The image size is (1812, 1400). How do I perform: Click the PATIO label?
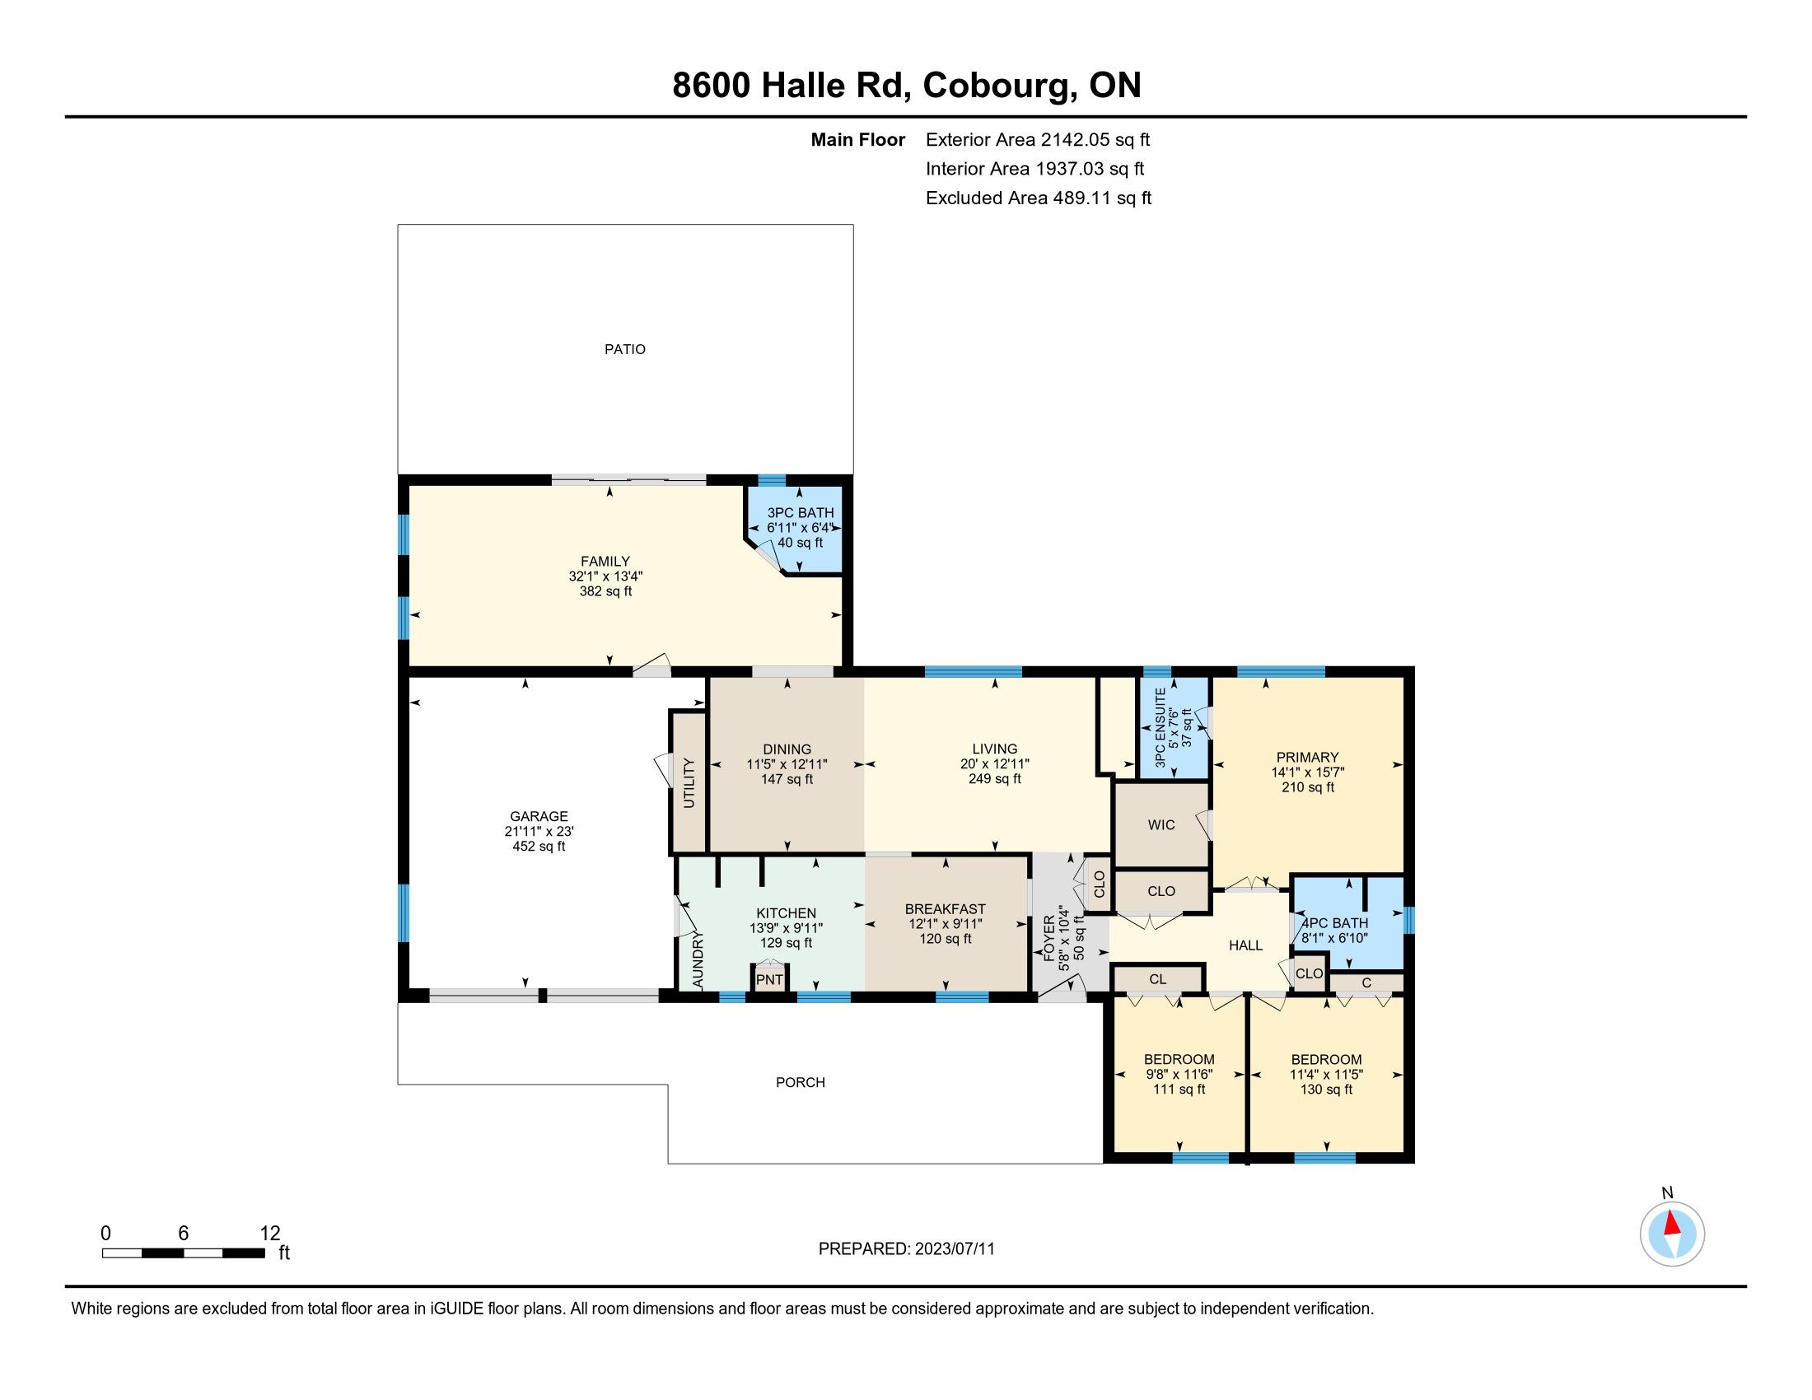pyautogui.click(x=625, y=349)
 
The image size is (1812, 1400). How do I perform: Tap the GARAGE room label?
pyautogui.click(x=539, y=816)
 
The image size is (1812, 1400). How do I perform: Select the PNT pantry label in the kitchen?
pyautogui.click(x=769, y=979)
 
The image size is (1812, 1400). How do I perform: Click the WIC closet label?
pyautogui.click(x=1161, y=824)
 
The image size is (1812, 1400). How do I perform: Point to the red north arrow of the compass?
pyautogui.click(x=1673, y=1223)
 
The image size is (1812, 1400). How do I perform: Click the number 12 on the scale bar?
pyautogui.click(x=269, y=1234)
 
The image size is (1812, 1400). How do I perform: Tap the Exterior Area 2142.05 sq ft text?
pyautogui.click(x=1038, y=139)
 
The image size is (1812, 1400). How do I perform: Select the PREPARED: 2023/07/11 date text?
pyautogui.click(x=906, y=1249)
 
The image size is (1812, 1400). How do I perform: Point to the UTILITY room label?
pyautogui.click(x=689, y=783)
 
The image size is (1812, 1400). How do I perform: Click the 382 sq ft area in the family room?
pyautogui.click(x=605, y=591)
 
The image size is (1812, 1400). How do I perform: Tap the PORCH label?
pyautogui.click(x=801, y=1082)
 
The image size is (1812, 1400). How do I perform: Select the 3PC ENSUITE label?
pyautogui.click(x=1160, y=728)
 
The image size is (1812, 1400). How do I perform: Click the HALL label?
pyautogui.click(x=1245, y=945)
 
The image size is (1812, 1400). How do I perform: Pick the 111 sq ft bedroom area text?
pyautogui.click(x=1179, y=1089)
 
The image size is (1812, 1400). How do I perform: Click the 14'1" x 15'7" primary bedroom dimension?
pyautogui.click(x=1308, y=772)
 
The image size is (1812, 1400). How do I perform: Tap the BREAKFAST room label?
pyautogui.click(x=945, y=909)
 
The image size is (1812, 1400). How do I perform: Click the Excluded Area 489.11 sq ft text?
pyautogui.click(x=1039, y=198)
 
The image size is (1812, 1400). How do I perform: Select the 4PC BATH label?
pyautogui.click(x=1334, y=923)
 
